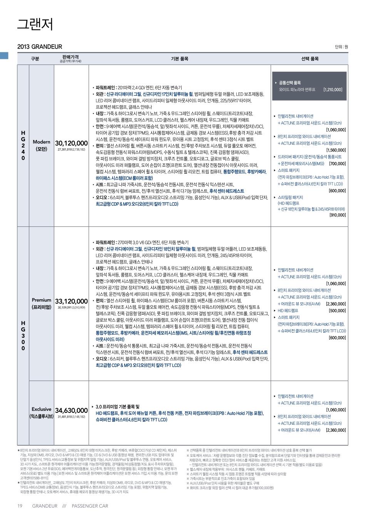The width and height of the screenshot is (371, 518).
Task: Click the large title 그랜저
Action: (x=35, y=24)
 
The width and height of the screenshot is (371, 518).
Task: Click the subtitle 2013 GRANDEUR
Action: (x=40, y=47)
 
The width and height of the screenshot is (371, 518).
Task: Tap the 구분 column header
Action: (x=35, y=59)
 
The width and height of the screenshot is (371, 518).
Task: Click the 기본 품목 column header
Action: (x=180, y=59)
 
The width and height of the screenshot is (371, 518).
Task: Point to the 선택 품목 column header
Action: (x=309, y=59)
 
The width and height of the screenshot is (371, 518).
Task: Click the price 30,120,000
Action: (x=72, y=143)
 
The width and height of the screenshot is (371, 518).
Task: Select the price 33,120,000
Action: (x=72, y=301)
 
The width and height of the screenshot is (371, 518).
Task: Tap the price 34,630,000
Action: (x=72, y=411)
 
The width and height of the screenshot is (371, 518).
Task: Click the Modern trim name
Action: (x=42, y=142)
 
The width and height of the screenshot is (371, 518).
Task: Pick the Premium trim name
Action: (x=42, y=300)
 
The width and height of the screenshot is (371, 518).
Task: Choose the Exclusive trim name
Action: (x=42, y=409)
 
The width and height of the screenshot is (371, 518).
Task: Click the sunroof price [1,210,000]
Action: (x=333, y=89)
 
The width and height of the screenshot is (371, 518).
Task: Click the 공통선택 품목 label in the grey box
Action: (x=290, y=83)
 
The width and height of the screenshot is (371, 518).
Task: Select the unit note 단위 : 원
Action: (x=341, y=47)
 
